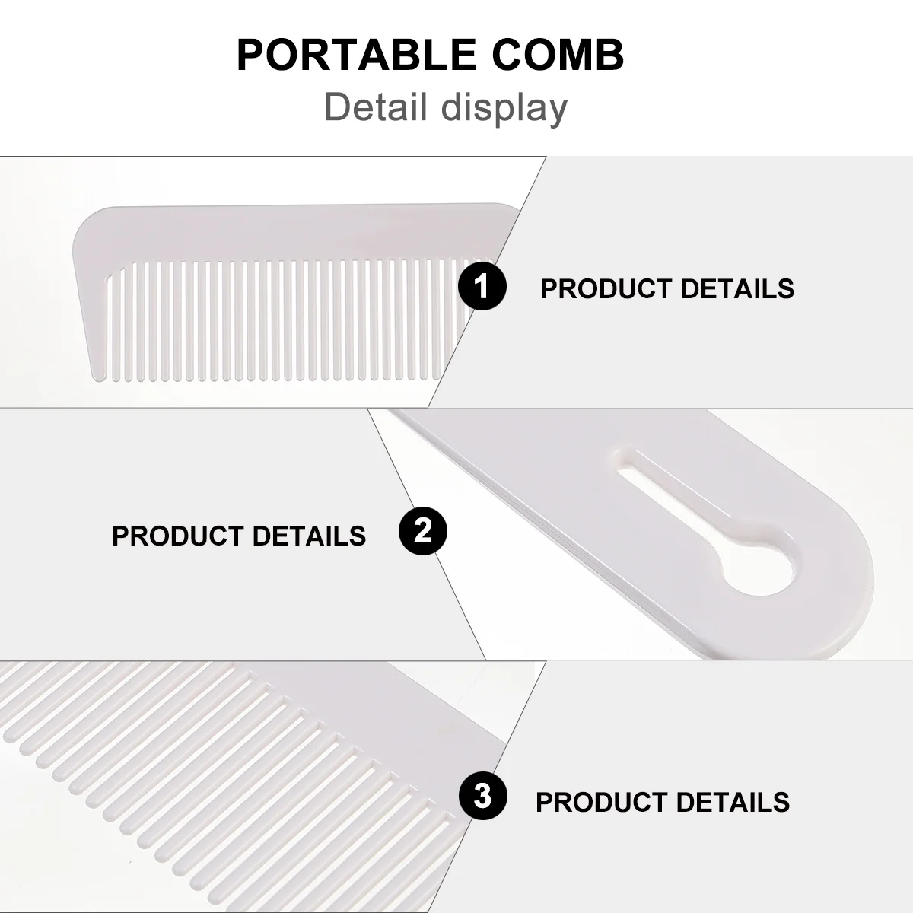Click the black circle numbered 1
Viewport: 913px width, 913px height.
click(x=482, y=288)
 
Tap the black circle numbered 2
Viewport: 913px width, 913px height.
click(x=423, y=531)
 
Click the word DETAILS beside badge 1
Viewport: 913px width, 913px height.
click(x=736, y=289)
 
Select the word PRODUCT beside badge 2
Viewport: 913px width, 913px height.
click(x=177, y=536)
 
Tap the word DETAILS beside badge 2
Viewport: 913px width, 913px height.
click(x=308, y=536)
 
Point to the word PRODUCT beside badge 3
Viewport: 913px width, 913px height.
click(x=601, y=802)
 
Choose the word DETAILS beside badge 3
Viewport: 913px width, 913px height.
click(x=732, y=802)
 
